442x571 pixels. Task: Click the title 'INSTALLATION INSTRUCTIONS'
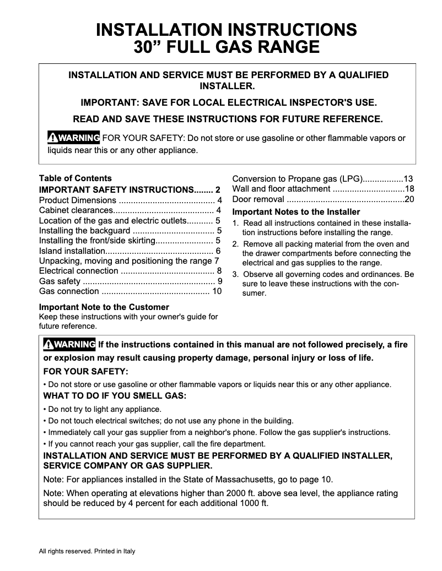click(227, 29)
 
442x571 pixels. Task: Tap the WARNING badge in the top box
click(73, 137)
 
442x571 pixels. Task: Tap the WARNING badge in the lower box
click(69, 344)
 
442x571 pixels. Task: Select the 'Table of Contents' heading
click(75, 178)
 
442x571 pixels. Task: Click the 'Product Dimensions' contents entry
click(77, 200)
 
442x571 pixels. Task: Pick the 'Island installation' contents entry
click(72, 251)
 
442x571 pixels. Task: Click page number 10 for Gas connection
click(217, 291)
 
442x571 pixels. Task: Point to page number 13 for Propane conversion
click(408, 178)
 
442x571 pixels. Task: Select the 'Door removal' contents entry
click(258, 199)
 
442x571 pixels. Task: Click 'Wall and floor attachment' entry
click(281, 189)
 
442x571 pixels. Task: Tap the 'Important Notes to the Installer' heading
click(296, 212)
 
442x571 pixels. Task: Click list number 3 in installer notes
click(235, 274)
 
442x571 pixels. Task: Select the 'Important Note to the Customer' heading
click(104, 307)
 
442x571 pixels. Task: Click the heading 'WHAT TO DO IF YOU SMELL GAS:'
click(115, 396)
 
